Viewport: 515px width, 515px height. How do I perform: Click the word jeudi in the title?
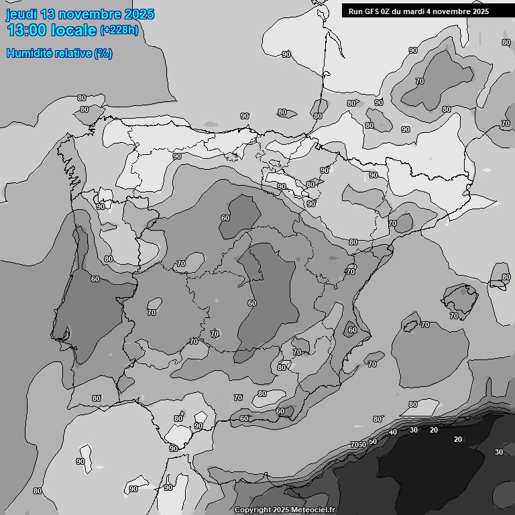[21, 15]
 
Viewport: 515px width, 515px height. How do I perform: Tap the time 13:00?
[27, 30]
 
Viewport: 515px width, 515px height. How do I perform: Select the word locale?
[74, 30]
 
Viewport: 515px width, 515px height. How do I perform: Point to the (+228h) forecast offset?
[119, 30]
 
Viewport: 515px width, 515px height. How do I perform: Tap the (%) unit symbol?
[103, 53]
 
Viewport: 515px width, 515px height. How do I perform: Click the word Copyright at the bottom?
[253, 510]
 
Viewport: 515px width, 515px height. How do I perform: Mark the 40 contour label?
[393, 433]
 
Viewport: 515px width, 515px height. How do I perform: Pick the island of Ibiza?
[410, 326]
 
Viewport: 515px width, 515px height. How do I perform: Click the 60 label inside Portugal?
[95, 279]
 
